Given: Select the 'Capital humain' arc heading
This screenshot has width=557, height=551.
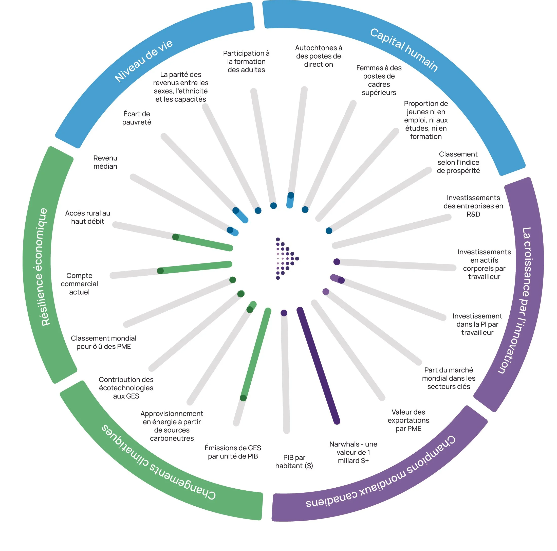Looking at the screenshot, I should (x=404, y=50).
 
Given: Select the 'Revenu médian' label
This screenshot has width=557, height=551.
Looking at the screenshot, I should (x=105, y=162).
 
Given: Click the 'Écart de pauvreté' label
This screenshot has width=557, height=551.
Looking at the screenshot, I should (x=137, y=118).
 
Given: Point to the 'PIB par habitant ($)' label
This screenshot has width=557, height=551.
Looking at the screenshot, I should (x=294, y=461).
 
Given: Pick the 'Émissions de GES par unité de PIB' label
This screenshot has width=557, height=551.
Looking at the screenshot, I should (x=233, y=452).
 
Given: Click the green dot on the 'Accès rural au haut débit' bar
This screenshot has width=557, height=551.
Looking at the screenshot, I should (x=175, y=237).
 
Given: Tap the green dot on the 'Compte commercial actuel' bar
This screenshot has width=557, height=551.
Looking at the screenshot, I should (x=160, y=271).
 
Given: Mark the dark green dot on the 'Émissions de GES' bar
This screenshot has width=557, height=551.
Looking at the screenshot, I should (x=243, y=398).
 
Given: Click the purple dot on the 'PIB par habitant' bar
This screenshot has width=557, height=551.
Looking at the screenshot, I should (x=284, y=313).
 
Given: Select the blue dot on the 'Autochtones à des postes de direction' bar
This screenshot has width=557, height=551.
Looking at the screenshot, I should (x=291, y=195).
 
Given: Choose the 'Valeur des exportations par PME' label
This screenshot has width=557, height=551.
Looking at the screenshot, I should (x=408, y=420).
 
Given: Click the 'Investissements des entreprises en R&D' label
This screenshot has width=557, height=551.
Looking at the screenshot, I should (x=473, y=206).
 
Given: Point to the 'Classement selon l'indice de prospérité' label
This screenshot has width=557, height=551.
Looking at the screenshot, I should (x=458, y=163).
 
